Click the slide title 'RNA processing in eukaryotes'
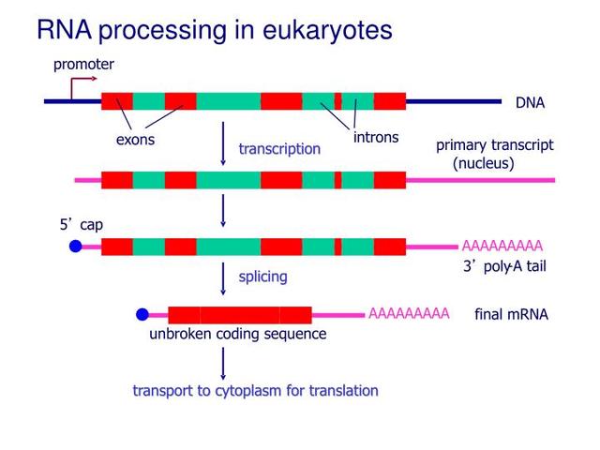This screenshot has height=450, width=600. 214,30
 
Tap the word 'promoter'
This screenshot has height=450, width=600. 83,65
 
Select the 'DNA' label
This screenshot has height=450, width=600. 530,103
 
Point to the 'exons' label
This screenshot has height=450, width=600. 135,141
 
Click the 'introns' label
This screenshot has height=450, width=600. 376,138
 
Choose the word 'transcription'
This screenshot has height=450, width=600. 279,149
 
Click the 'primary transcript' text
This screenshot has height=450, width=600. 494,145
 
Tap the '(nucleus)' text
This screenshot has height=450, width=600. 484,163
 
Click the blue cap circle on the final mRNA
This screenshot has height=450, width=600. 142,314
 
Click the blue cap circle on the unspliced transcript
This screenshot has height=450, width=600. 76,247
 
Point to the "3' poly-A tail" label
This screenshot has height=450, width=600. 504,267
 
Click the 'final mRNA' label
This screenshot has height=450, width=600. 511,315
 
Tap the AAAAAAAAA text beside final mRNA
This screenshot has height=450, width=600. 409,313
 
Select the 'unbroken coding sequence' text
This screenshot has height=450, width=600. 238,335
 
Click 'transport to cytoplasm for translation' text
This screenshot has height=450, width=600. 255,391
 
